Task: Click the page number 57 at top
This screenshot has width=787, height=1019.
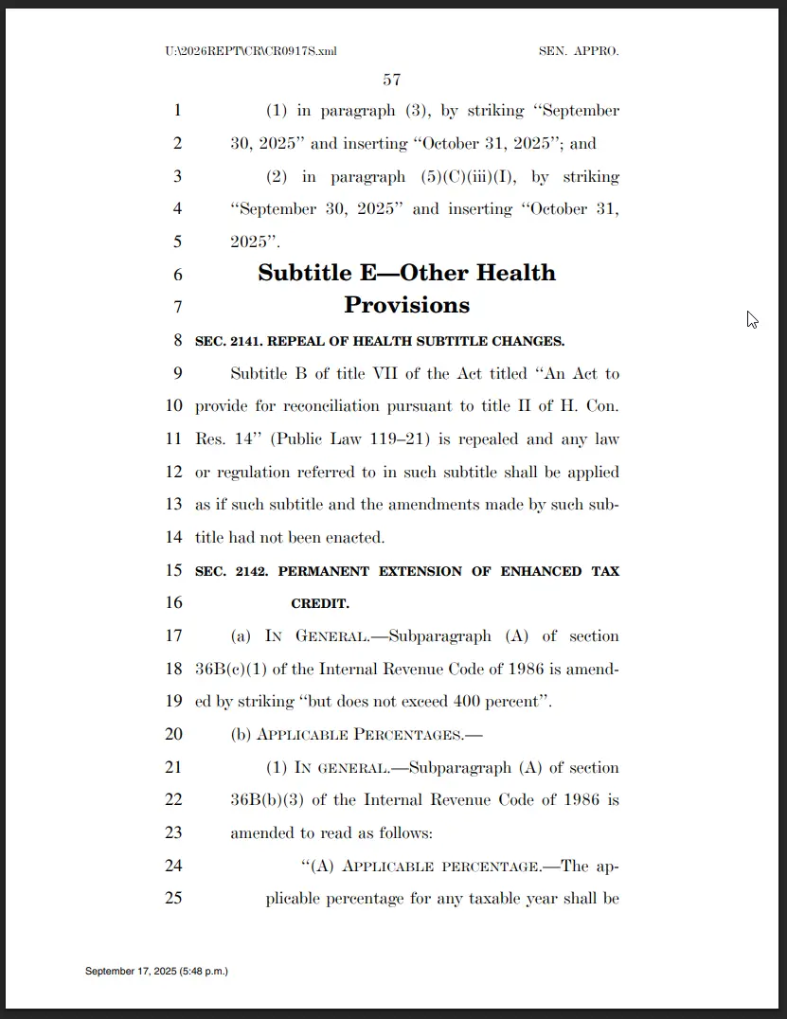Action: click(x=392, y=80)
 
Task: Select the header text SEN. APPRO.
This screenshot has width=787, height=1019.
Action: click(x=579, y=51)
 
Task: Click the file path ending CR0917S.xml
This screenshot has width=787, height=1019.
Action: click(x=250, y=51)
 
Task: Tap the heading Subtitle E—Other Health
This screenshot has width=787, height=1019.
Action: click(x=406, y=273)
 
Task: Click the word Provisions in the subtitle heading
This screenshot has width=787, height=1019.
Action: click(x=406, y=305)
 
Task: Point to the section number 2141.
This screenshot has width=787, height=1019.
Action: click(x=243, y=341)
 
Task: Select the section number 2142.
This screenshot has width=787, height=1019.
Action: click(x=243, y=571)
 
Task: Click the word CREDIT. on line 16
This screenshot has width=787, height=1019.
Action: click(x=320, y=603)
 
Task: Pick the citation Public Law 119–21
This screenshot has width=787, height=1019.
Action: click(x=338, y=439)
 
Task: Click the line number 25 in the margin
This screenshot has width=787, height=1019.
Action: click(x=173, y=898)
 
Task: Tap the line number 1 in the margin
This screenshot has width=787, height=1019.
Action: click(x=177, y=111)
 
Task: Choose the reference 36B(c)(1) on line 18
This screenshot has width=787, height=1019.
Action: click(x=229, y=670)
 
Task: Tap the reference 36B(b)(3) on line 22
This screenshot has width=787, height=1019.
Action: click(x=266, y=800)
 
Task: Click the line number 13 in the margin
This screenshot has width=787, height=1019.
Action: click(x=173, y=505)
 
